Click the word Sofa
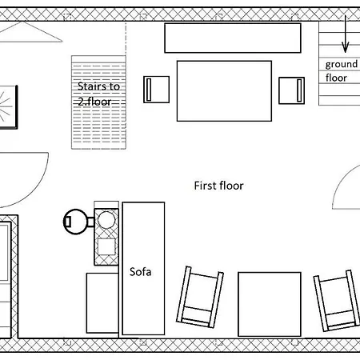point(140,272)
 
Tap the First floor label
point(218,186)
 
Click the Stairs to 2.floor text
point(98,94)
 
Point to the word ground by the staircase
point(342,65)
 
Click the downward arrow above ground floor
point(346,34)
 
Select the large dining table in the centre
point(224,91)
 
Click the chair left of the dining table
point(156,90)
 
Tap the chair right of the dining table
point(291,90)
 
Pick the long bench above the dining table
point(233,38)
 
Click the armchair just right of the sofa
point(200,297)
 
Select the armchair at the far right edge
point(337,301)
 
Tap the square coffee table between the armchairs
point(270,304)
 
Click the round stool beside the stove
point(76,222)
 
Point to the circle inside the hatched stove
point(106,220)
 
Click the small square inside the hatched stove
point(106,246)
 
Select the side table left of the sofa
point(102,303)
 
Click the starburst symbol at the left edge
point(5,106)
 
